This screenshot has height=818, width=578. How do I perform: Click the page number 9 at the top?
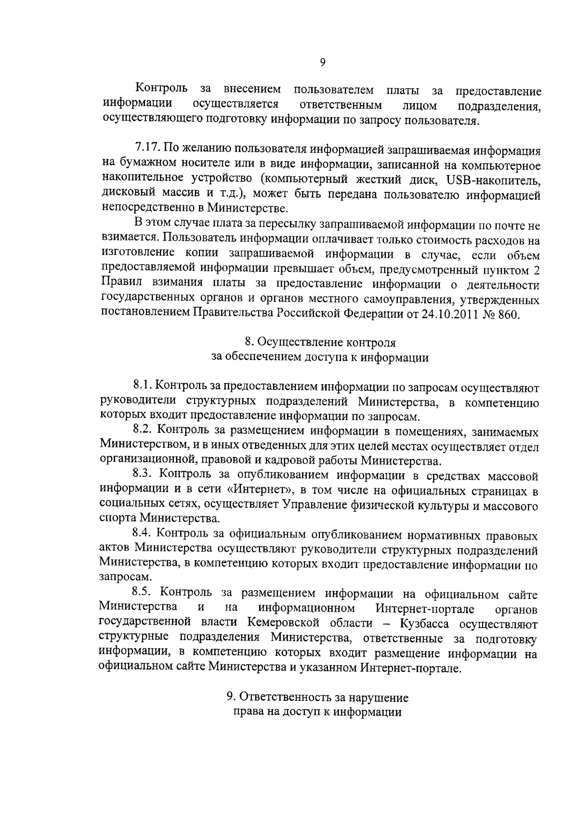(x=322, y=62)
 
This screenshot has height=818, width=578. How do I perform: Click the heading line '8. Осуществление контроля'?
(x=320, y=343)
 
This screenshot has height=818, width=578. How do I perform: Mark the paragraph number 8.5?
(x=143, y=593)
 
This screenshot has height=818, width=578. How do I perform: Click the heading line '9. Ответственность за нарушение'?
(x=317, y=697)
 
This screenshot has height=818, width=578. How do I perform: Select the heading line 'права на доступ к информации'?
(x=317, y=712)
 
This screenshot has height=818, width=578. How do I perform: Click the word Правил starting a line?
(x=119, y=284)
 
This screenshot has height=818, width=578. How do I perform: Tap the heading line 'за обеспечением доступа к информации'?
(x=320, y=358)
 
